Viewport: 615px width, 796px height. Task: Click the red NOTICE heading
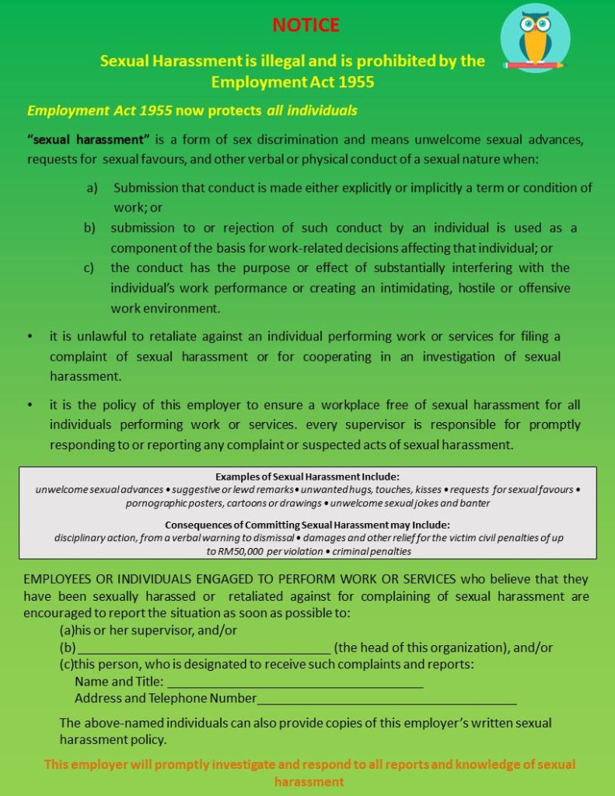click(306, 26)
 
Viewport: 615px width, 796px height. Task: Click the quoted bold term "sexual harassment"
click(88, 140)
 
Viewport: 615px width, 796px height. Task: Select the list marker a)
click(92, 188)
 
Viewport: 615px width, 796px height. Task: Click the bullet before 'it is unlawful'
click(30, 337)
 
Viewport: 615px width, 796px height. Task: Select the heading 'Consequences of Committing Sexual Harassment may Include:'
click(307, 524)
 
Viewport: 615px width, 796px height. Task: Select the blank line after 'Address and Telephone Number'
click(386, 700)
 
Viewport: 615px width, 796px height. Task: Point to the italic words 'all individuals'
click(312, 110)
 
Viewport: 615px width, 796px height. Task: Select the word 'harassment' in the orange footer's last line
click(309, 781)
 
